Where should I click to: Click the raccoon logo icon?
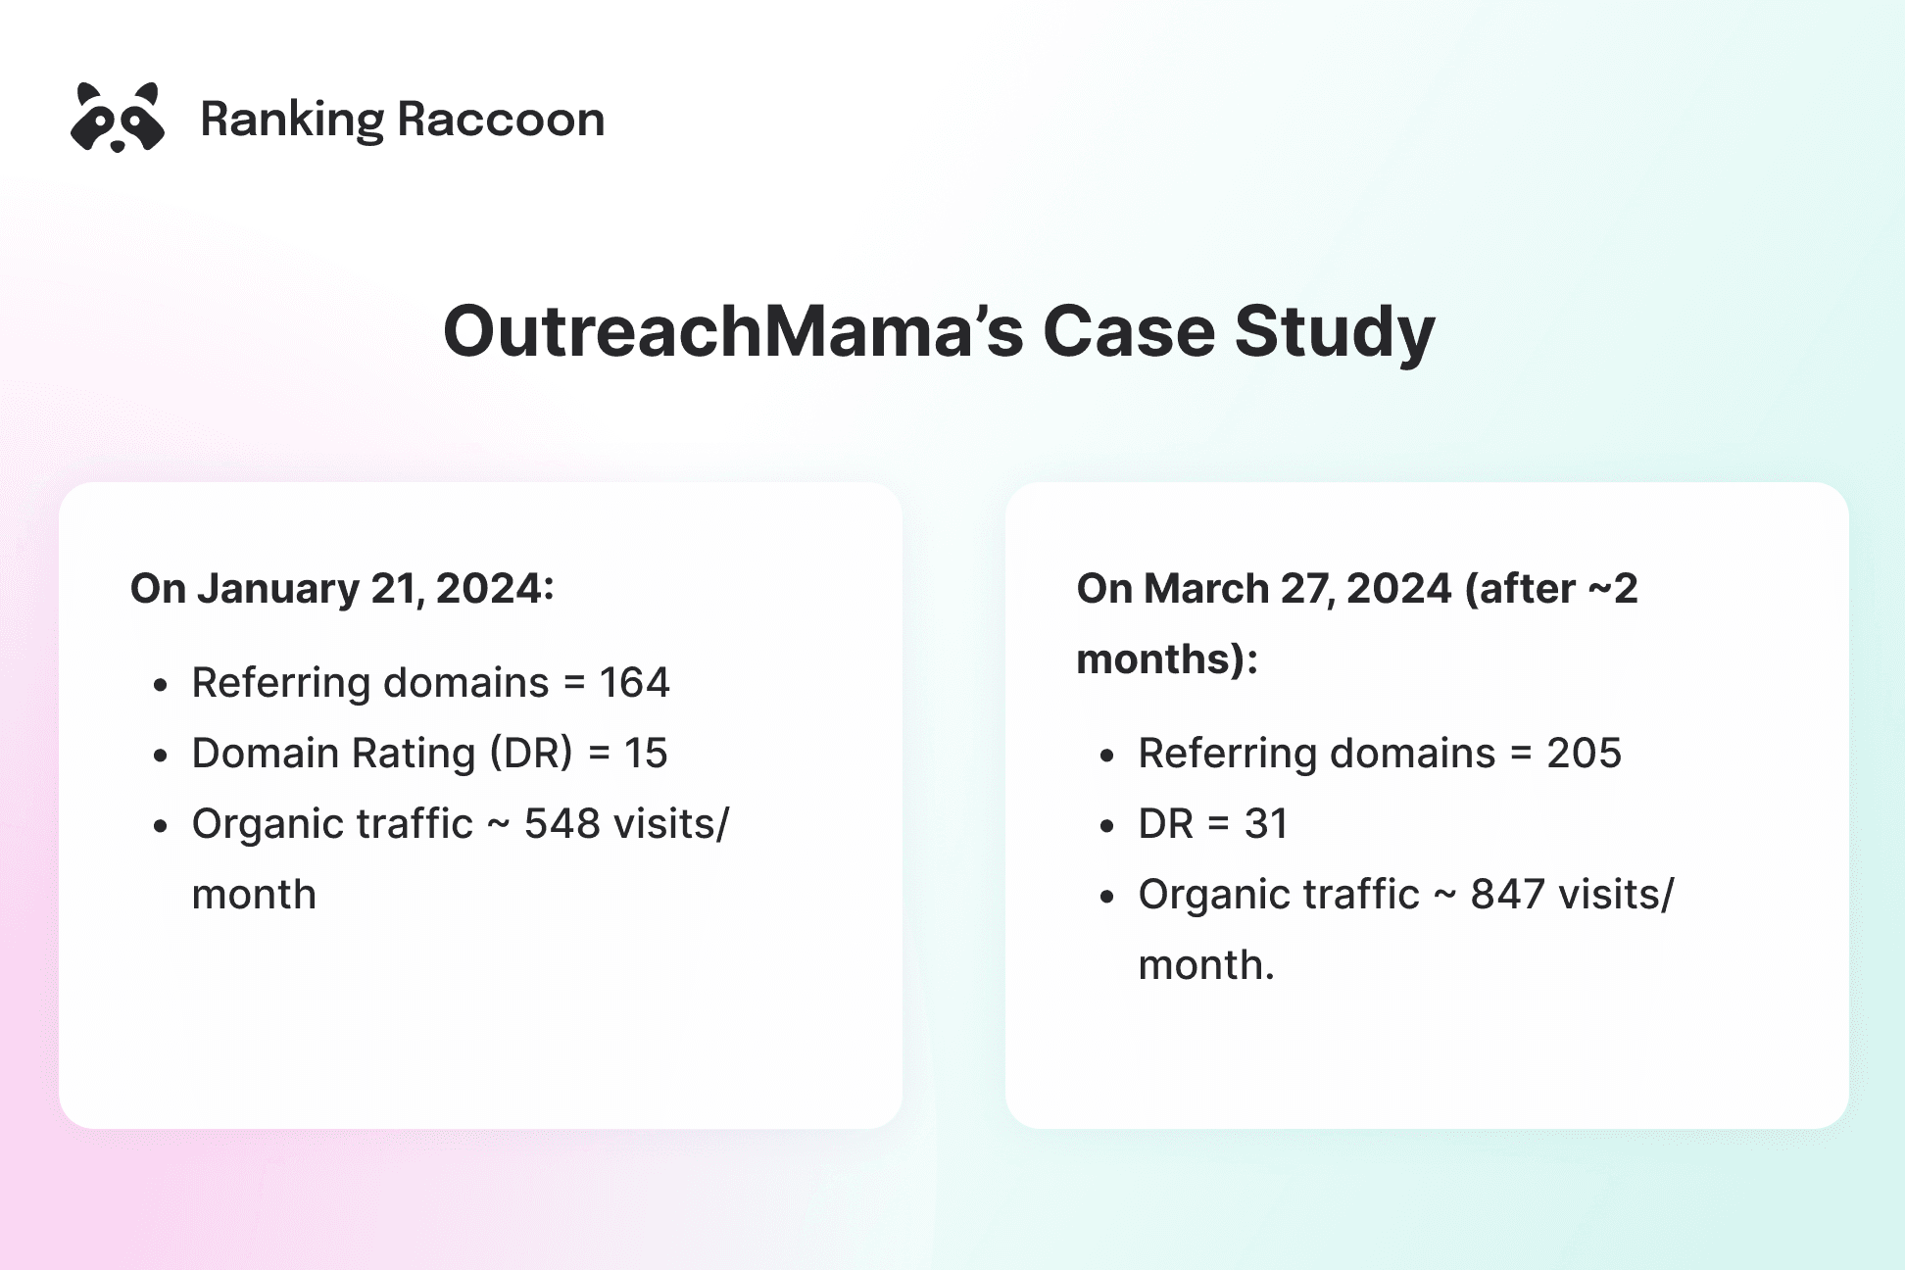click(x=118, y=118)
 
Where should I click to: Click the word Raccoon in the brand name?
click(x=501, y=120)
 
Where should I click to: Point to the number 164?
click(x=634, y=683)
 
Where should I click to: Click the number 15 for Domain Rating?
click(x=646, y=754)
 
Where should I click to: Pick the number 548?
click(x=562, y=824)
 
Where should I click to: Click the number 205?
click(x=1584, y=754)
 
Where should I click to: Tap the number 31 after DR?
click(x=1266, y=824)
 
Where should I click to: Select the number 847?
click(x=1508, y=895)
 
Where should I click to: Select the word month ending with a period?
click(x=1205, y=965)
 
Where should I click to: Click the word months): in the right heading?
click(x=1167, y=659)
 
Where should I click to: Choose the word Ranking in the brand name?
click(x=292, y=120)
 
